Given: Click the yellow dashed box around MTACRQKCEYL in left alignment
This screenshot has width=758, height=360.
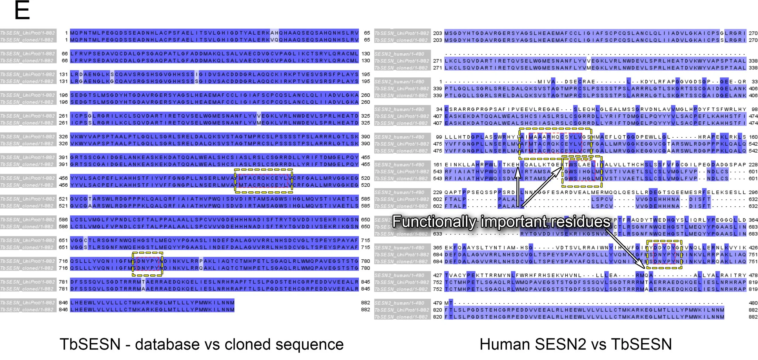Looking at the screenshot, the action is click(263, 170).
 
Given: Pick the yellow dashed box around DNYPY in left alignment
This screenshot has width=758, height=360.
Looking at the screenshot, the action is click(147, 253).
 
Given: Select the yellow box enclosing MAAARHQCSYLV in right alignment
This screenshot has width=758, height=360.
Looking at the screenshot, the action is click(555, 129).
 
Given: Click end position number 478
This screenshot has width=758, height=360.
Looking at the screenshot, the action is click(753, 275).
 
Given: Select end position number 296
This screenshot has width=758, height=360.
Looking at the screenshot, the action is click(753, 192).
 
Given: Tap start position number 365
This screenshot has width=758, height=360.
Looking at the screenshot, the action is click(437, 248).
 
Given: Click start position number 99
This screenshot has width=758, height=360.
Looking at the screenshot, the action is click(439, 137).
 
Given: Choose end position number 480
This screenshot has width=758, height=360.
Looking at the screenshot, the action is click(753, 303).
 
